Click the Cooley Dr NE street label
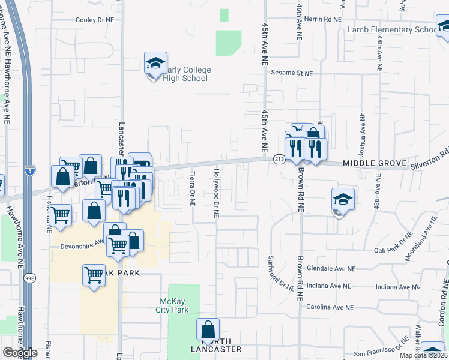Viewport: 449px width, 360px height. [95, 20]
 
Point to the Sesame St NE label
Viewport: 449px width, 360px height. [292, 73]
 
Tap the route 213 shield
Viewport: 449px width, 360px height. [279, 159]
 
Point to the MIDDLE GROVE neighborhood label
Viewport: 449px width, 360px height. [371, 163]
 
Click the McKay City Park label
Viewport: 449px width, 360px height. [175, 305]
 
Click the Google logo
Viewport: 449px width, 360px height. [20, 353]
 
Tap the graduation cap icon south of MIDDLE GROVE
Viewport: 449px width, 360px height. [343, 199]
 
